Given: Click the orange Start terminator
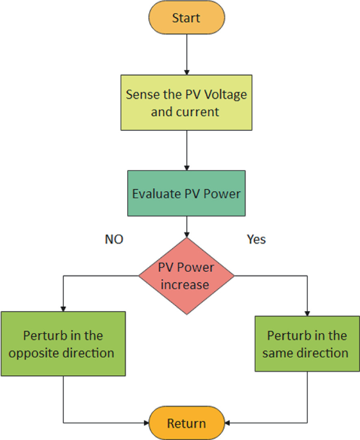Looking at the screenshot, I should (x=186, y=18).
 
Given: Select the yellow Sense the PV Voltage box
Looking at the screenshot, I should (x=186, y=103).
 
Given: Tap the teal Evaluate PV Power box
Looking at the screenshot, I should (x=186, y=193).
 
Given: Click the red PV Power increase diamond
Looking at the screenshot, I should (x=186, y=275).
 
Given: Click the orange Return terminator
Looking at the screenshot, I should (x=186, y=423).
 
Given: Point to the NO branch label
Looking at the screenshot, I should (x=114, y=240).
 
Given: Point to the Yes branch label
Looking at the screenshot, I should (x=256, y=240).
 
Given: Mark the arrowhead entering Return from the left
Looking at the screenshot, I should (x=146, y=423).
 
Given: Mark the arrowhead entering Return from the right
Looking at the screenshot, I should (x=227, y=423).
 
